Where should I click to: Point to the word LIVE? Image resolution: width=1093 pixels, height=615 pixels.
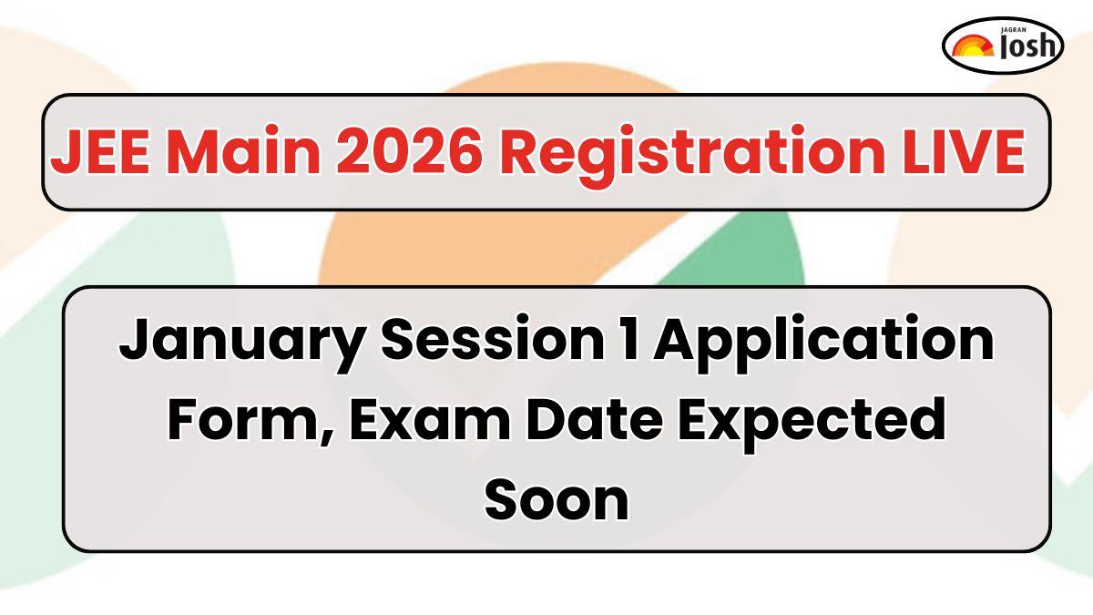(x=963, y=151)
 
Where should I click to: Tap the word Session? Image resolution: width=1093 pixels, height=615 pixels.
(x=493, y=338)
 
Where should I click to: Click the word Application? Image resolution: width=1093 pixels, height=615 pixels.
(x=823, y=343)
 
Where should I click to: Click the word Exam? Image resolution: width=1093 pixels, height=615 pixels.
(x=430, y=420)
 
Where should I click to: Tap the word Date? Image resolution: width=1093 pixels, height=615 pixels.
(x=594, y=419)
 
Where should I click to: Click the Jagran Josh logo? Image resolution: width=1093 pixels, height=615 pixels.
(x=1003, y=46)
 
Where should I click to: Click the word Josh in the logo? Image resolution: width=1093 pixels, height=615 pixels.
(x=1028, y=46)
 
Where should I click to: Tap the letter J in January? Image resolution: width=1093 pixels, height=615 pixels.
(x=137, y=338)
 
